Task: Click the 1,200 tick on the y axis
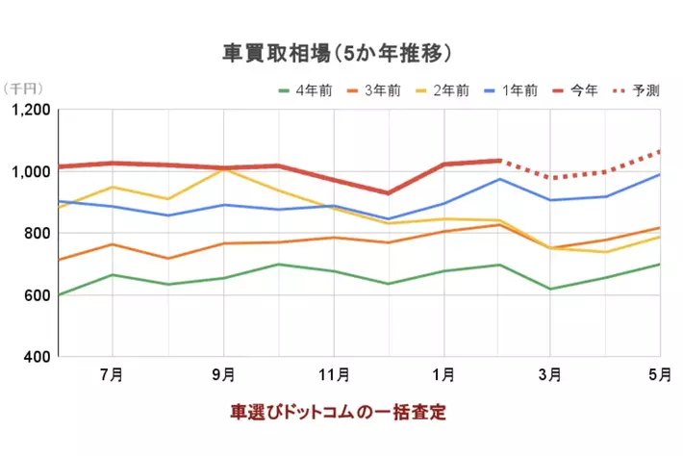click(31, 111)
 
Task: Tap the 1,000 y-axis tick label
click(31, 172)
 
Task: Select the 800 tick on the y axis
click(37, 234)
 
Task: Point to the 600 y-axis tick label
click(37, 295)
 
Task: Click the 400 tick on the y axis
click(37, 357)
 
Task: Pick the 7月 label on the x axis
click(112, 374)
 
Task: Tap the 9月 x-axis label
click(222, 374)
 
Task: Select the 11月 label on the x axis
click(332, 374)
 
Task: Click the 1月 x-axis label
click(443, 374)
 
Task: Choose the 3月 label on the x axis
click(552, 374)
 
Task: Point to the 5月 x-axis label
click(660, 374)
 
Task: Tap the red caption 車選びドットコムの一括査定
click(338, 412)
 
